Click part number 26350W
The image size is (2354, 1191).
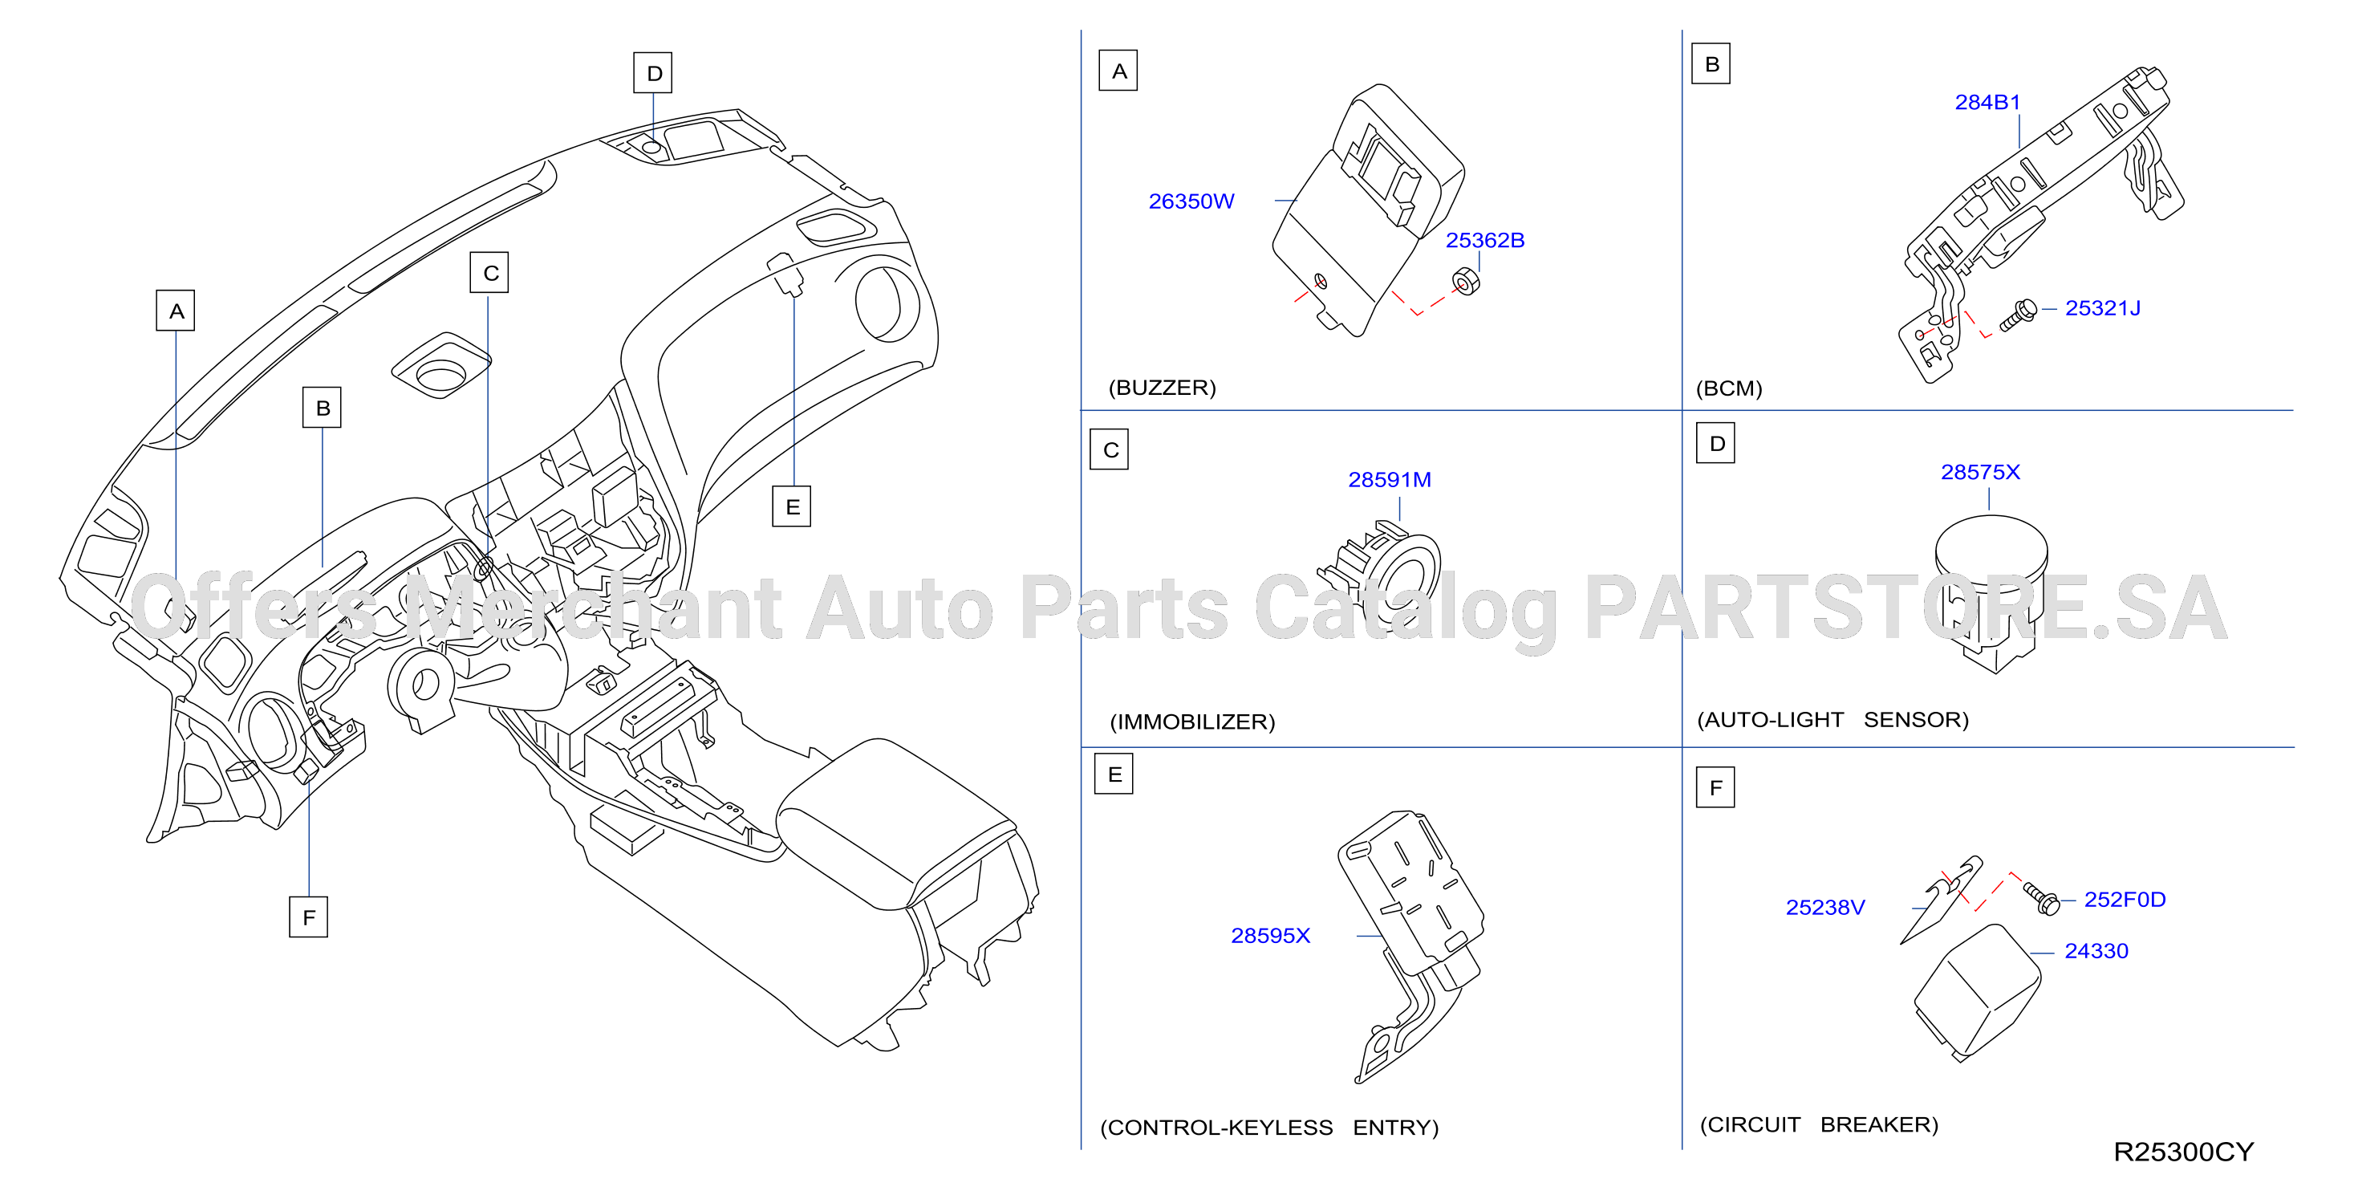[x=1191, y=201]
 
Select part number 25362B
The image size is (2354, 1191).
[x=1485, y=241]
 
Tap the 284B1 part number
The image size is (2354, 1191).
[x=1987, y=103]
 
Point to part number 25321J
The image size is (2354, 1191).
[x=2103, y=308]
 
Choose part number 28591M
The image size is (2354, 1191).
[x=1390, y=480]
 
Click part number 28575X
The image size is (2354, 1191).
[x=1980, y=473]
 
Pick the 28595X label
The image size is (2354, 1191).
[x=1270, y=936]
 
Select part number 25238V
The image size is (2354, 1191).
[x=1825, y=908]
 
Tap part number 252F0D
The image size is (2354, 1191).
[x=2125, y=900]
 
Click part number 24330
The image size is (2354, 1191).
[x=2096, y=952]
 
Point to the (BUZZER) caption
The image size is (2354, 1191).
[x=1163, y=388]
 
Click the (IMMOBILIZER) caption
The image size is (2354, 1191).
[x=1192, y=722]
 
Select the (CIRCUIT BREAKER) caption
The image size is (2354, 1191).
[x=1819, y=1124]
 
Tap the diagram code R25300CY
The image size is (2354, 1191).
[x=2183, y=1152]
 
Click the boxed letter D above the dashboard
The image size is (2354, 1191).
[x=653, y=73]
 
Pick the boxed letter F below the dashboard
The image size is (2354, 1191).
[x=309, y=917]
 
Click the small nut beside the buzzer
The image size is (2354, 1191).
[x=1466, y=282]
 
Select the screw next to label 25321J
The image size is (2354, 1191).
[x=2018, y=315]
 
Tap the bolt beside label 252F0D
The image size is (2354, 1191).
[x=2041, y=897]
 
